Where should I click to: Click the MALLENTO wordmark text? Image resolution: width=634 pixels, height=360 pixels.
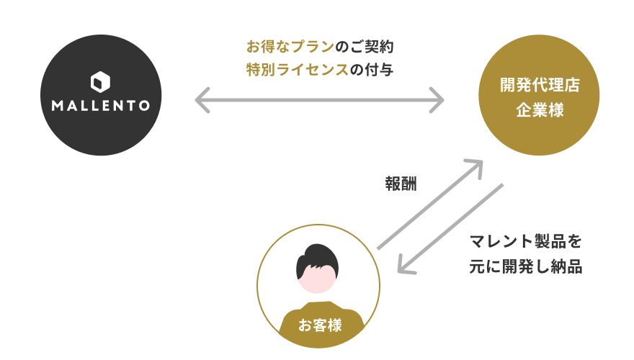pyautogui.click(x=101, y=106)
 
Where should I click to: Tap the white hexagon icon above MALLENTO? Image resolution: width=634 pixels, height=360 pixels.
pyautogui.click(x=101, y=81)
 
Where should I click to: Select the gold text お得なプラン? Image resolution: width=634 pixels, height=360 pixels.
pyautogui.click(x=290, y=48)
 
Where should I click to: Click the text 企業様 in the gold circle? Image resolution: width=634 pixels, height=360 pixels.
pyautogui.click(x=540, y=112)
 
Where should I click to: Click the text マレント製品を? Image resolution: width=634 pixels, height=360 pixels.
pyautogui.click(x=524, y=240)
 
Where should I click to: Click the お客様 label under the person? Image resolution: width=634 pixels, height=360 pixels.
pyautogui.click(x=320, y=325)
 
